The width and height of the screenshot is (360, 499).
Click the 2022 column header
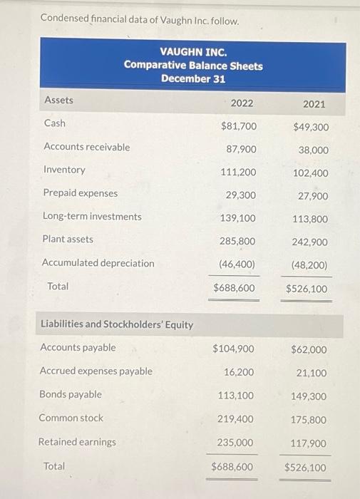(x=242, y=103)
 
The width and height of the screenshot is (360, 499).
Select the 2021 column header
(x=314, y=104)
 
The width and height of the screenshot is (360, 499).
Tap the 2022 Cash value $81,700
(x=239, y=126)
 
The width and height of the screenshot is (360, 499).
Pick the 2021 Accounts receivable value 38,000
(x=314, y=150)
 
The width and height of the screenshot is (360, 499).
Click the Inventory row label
(x=64, y=170)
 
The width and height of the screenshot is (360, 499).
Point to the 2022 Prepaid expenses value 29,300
(x=241, y=195)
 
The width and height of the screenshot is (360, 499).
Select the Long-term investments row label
(x=92, y=216)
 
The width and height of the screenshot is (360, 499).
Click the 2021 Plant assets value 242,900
(x=309, y=242)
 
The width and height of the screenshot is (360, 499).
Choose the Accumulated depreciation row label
(x=98, y=263)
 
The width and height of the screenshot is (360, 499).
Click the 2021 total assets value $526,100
(x=307, y=289)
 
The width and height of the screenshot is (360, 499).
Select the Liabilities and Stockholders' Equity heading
(x=116, y=324)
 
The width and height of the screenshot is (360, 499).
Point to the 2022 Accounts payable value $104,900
(x=234, y=349)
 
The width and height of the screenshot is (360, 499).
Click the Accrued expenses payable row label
(x=96, y=371)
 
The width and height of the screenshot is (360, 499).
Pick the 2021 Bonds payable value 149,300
(x=309, y=396)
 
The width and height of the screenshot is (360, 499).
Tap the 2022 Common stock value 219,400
(x=237, y=418)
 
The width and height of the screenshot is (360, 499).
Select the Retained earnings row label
(x=77, y=442)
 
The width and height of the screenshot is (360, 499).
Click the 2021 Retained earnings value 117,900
(x=309, y=443)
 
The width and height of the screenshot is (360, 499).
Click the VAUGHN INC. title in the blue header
(x=193, y=52)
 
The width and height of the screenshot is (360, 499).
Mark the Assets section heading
(x=58, y=100)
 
